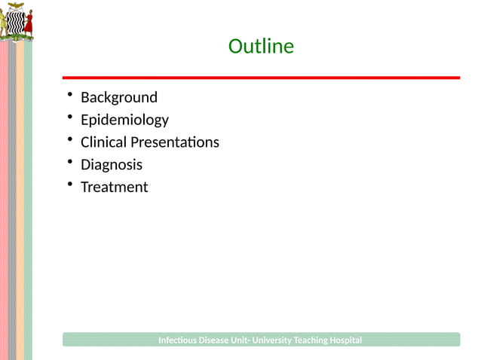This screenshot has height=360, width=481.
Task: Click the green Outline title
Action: [x=261, y=47]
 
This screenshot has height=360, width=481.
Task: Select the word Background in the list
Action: [x=119, y=97]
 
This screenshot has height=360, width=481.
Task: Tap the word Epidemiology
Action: [x=124, y=120]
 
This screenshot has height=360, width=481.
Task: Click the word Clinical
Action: [x=104, y=142]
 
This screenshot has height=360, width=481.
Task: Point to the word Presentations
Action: [x=175, y=142]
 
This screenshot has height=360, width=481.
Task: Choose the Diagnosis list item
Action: [x=112, y=165]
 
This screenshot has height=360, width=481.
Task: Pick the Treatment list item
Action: [x=115, y=187]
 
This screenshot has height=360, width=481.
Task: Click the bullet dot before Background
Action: [x=69, y=95]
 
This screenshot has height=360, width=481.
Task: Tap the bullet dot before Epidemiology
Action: [x=69, y=117]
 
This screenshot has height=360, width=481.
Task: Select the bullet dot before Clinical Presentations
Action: [x=69, y=140]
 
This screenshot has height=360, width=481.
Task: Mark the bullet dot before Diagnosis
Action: [x=69, y=163]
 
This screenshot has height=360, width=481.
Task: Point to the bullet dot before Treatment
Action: [x=69, y=185]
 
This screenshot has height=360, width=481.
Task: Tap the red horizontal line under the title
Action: [x=261, y=78]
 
